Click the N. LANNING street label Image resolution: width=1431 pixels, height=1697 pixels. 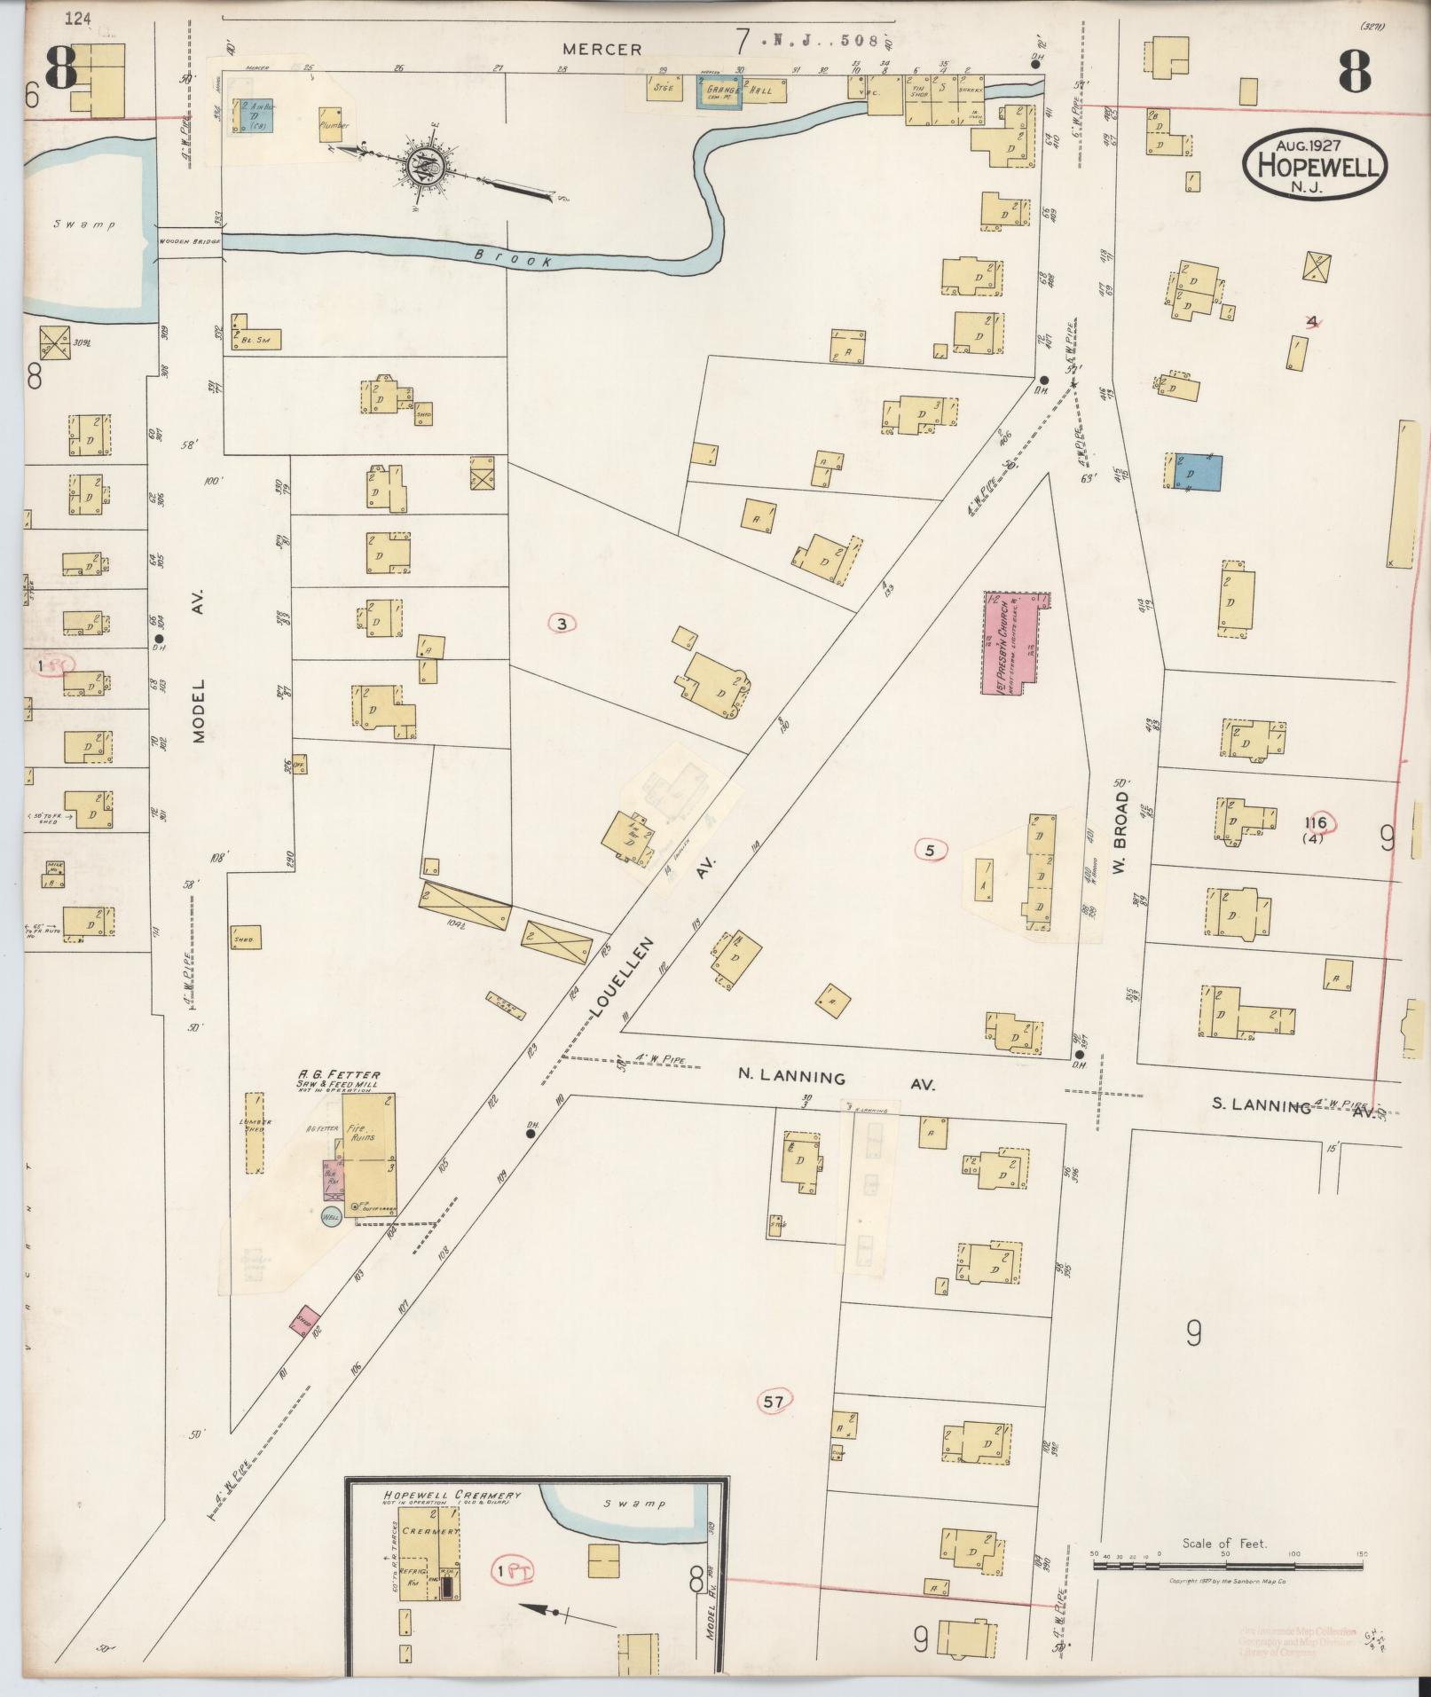[792, 1078]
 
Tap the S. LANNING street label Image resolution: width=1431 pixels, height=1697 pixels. [1262, 1105]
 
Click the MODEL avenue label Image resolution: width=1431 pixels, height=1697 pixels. [197, 711]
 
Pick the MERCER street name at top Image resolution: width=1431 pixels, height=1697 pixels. [601, 50]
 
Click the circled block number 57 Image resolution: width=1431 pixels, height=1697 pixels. [774, 1402]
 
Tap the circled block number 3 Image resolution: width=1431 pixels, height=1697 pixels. [562, 624]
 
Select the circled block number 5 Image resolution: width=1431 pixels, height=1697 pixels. [930, 850]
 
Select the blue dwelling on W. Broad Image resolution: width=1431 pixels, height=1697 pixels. [1198, 471]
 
